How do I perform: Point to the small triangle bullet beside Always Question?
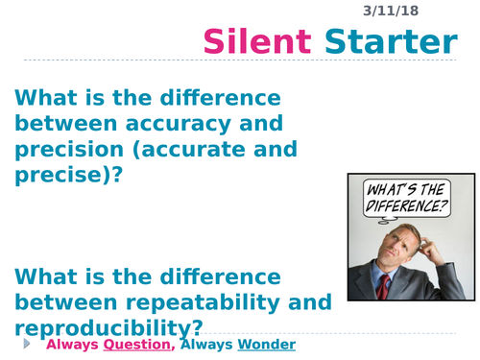26,343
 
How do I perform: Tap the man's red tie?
384,287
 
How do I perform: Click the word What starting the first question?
46,98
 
